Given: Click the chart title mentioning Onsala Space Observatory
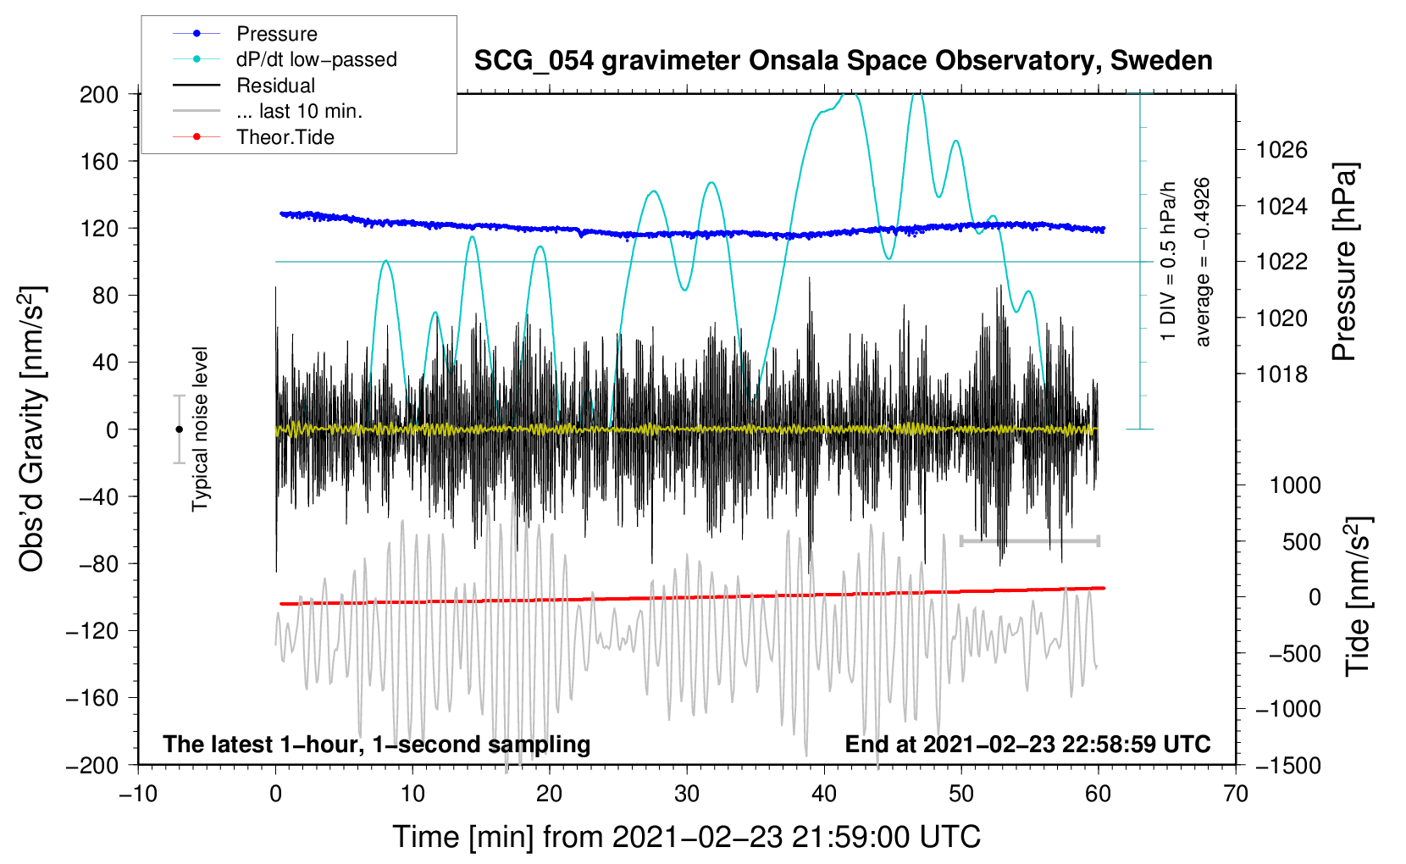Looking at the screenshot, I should point(843,61).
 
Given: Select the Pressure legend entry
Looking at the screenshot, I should point(276,34).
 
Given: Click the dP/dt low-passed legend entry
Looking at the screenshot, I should point(316,60).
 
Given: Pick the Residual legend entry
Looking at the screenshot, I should point(275,86).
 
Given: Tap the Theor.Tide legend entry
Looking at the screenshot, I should point(285,137).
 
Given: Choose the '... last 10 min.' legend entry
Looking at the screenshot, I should point(299,111).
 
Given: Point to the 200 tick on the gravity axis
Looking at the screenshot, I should point(99,94).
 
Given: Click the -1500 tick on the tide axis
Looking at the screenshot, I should point(1288,765).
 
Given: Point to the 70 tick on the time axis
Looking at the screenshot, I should point(1236,794).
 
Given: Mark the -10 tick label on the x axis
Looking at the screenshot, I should point(138,794).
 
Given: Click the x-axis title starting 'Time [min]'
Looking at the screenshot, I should point(686,837).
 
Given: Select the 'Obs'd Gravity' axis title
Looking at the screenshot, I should point(32,429).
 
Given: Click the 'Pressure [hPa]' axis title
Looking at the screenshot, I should point(1345,263).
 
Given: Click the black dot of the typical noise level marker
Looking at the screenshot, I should point(179,429).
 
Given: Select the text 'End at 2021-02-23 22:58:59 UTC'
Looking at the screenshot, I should point(1027,745).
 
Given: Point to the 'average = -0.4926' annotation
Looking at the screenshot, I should point(1203,263).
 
